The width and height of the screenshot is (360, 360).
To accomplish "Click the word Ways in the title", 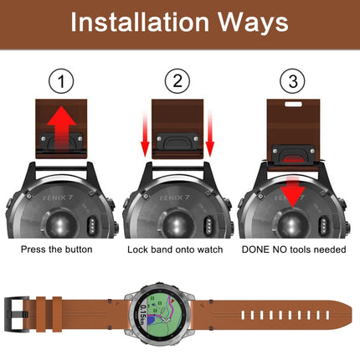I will [255, 23].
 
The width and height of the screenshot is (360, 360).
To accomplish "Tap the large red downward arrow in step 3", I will [292, 193].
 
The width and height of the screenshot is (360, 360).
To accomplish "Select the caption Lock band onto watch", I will [177, 249].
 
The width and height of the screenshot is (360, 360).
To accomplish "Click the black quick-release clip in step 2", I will [177, 146].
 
